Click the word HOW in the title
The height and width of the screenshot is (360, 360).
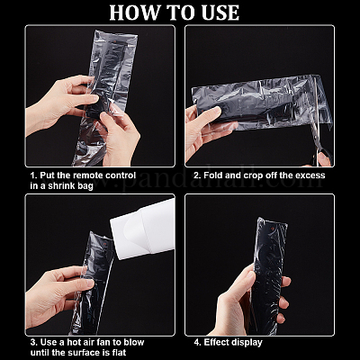pyautogui.click(x=135, y=13)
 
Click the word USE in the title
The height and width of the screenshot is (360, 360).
pyautogui.click(x=219, y=13)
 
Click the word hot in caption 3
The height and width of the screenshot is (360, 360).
pyautogui.click(x=73, y=342)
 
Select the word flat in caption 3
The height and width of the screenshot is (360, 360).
pyautogui.click(x=118, y=353)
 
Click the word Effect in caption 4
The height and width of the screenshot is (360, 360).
pyautogui.click(x=215, y=342)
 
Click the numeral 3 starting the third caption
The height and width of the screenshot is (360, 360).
pyautogui.click(x=32, y=342)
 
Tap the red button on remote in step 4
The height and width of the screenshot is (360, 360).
pyautogui.click(x=273, y=229)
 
